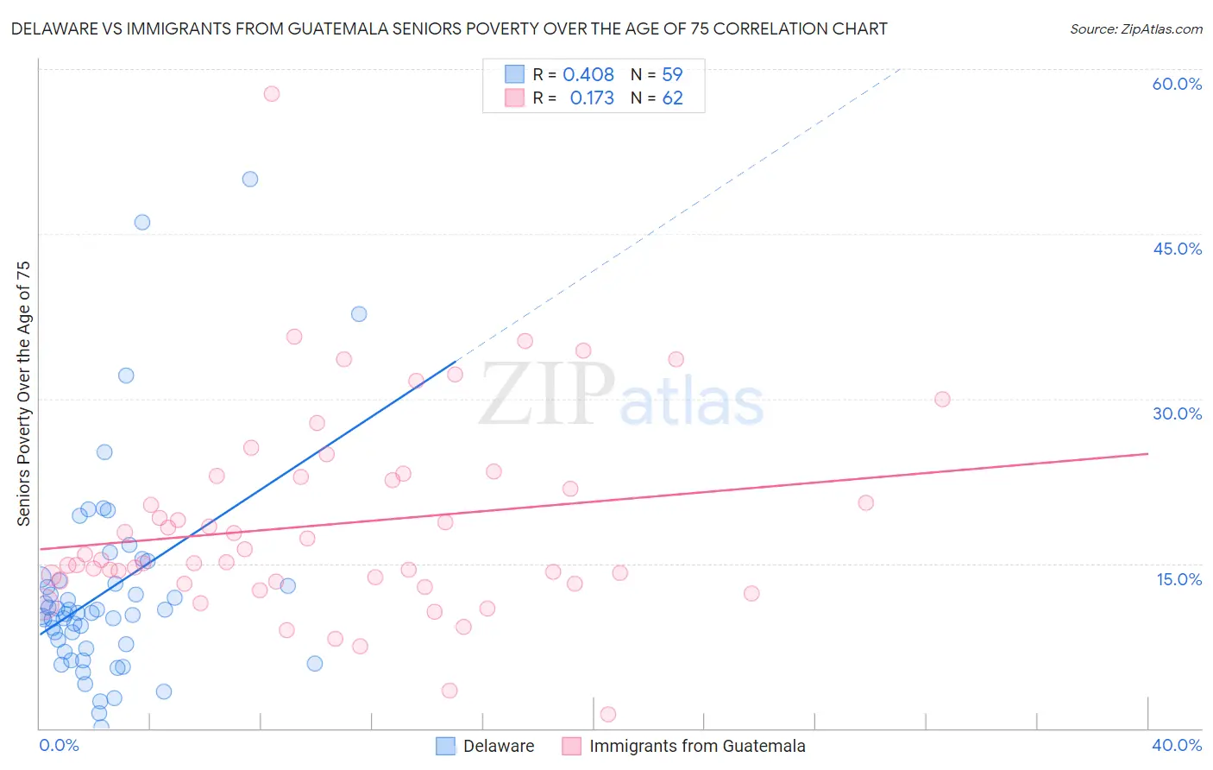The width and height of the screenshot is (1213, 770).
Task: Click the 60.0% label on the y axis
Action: click(x=1177, y=84)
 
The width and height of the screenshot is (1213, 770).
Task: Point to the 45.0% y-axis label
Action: click(x=1177, y=249)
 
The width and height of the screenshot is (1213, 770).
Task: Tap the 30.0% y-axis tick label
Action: click(x=1177, y=413)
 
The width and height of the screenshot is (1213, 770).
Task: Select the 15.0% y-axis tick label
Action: click(x=1178, y=579)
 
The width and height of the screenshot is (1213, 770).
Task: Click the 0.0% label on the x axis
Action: click(x=59, y=745)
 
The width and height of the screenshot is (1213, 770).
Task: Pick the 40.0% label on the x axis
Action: click(x=1177, y=745)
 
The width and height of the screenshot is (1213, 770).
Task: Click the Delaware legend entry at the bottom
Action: click(x=498, y=746)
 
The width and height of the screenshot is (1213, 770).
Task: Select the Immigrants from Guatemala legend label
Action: click(x=696, y=746)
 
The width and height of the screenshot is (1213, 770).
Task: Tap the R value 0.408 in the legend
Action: click(x=588, y=75)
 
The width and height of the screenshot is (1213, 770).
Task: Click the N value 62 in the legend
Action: click(x=672, y=98)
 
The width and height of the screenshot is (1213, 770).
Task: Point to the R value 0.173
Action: click(x=592, y=98)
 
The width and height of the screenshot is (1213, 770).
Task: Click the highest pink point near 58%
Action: click(x=272, y=93)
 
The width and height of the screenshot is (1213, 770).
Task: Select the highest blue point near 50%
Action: click(x=250, y=179)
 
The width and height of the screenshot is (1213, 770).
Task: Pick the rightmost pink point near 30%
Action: click(x=942, y=399)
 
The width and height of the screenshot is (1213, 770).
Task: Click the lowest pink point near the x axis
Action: click(x=607, y=714)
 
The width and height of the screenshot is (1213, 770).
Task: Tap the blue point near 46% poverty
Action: click(x=142, y=222)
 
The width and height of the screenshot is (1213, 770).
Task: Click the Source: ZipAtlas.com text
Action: click(x=1135, y=29)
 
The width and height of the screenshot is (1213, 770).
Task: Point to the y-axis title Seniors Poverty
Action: click(x=23, y=393)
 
